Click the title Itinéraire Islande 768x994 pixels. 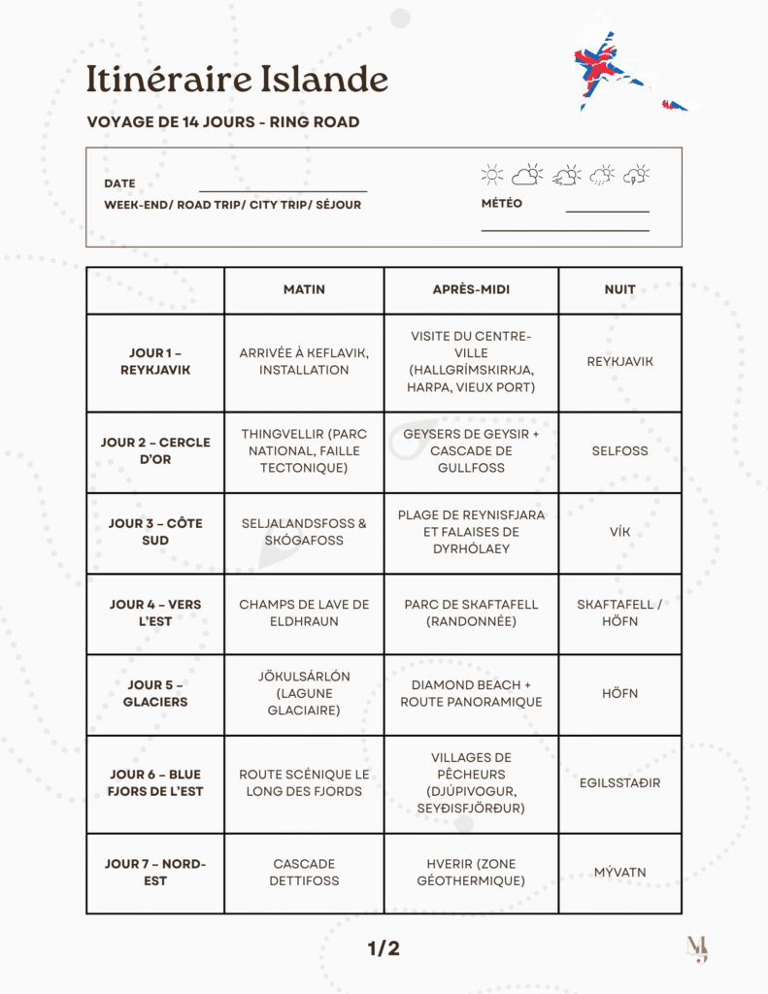(x=237, y=80)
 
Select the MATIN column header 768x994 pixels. (x=304, y=289)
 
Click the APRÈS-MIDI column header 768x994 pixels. (x=471, y=289)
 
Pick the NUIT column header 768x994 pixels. (x=619, y=289)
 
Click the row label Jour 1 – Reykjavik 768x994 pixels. (x=155, y=361)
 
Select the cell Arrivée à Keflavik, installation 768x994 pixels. (x=304, y=361)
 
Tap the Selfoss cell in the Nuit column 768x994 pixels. (x=619, y=450)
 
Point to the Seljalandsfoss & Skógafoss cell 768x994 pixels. (x=304, y=532)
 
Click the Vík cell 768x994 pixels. (x=619, y=532)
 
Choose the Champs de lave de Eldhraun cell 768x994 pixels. (x=304, y=613)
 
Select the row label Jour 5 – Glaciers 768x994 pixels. (x=155, y=693)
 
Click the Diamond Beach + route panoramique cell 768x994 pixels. (x=471, y=693)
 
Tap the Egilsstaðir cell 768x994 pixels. (x=619, y=782)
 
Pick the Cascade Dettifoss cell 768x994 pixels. (x=304, y=872)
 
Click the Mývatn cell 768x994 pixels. (x=619, y=872)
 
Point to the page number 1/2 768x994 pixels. (x=384, y=948)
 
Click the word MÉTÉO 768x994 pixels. (x=502, y=204)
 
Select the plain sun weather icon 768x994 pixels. (x=492, y=175)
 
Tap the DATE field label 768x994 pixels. (x=119, y=183)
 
